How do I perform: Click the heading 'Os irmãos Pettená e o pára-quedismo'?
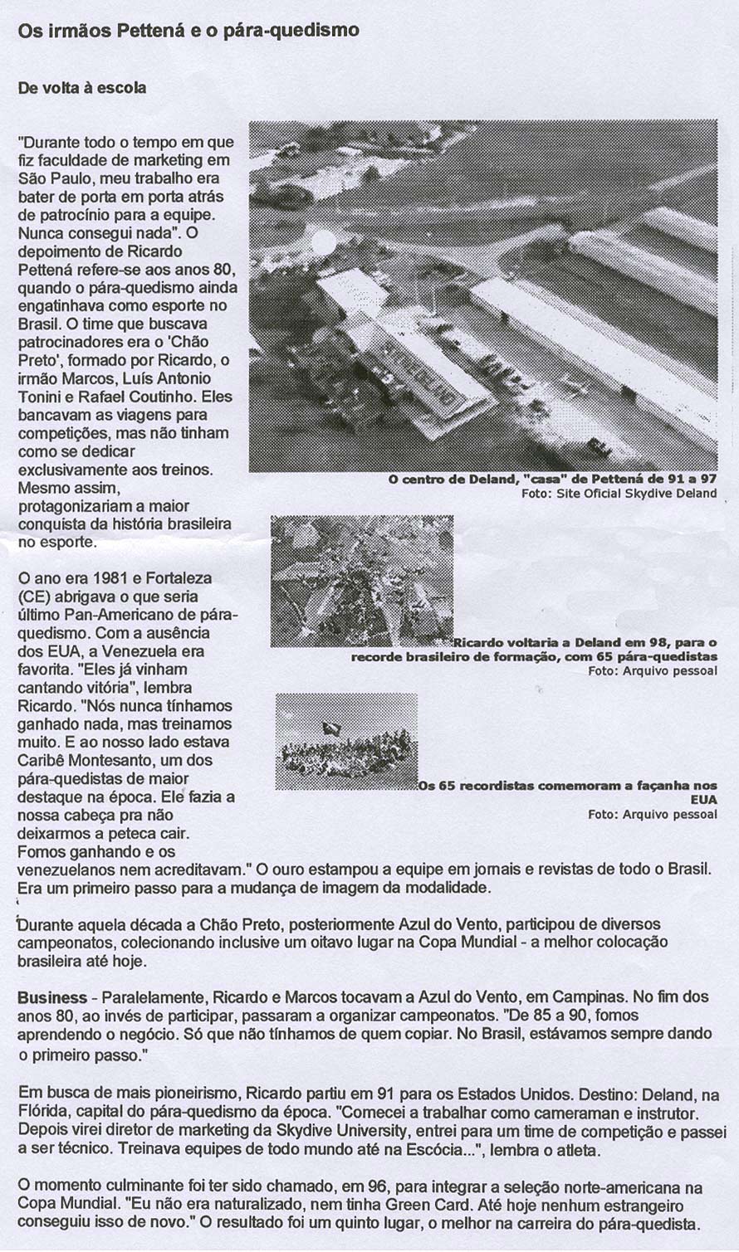tap(188, 31)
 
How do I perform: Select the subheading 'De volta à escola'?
tap(82, 87)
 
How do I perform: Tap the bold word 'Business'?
tap(52, 997)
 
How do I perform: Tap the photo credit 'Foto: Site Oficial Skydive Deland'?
tap(619, 494)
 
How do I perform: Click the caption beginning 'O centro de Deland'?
tap(552, 480)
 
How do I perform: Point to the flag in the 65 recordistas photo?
tap(331, 728)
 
